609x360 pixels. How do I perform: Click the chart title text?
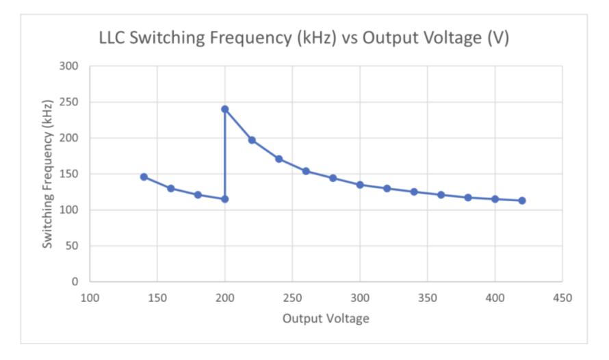(304, 38)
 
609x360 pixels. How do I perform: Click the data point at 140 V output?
(144, 177)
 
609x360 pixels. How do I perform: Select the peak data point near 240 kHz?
(224, 109)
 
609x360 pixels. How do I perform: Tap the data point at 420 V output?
(522, 201)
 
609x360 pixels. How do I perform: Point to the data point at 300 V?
(360, 185)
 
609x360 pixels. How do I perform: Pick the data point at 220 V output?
(252, 140)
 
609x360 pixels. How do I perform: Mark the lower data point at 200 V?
(224, 199)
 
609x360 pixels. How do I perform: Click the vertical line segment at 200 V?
(224, 154)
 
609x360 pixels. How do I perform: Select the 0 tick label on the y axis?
(75, 281)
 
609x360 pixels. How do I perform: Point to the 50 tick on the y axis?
(73, 246)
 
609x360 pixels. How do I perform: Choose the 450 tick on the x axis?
(562, 298)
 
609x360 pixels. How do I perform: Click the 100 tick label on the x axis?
(90, 298)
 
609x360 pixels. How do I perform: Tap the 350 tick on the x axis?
(428, 298)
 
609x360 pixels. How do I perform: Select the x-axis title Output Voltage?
(326, 318)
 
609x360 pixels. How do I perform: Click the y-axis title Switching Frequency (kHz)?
(47, 174)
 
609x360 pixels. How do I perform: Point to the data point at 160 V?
(170, 188)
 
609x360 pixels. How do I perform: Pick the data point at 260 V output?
(306, 171)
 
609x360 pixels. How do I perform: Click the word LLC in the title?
(113, 38)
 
